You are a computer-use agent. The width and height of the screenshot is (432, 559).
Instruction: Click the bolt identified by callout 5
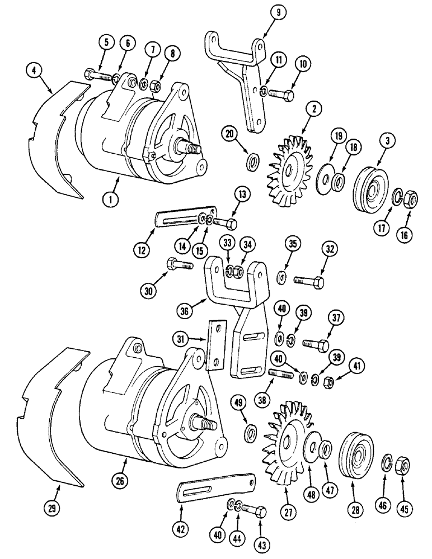click(96, 74)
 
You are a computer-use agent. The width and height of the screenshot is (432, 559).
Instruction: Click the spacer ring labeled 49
click(251, 432)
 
